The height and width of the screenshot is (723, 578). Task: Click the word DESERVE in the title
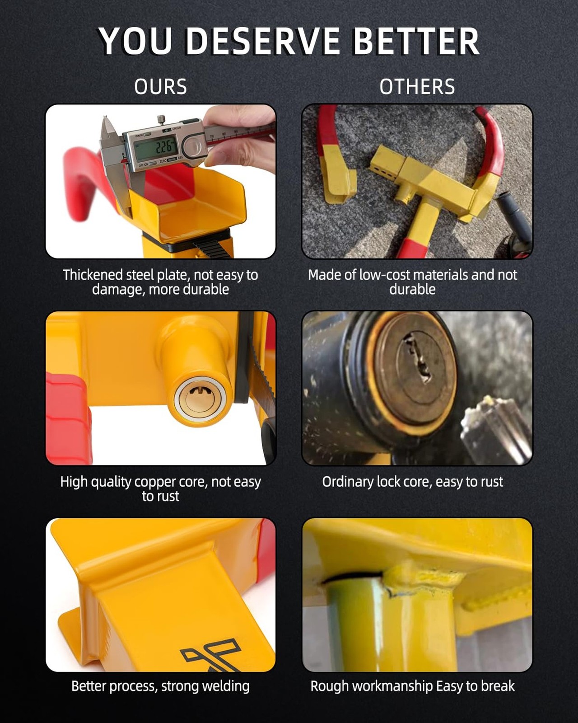(x=263, y=41)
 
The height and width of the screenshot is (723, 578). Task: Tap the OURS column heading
(x=161, y=87)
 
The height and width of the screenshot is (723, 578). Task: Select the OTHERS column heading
(x=417, y=87)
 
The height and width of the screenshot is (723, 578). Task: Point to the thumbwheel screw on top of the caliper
(x=162, y=120)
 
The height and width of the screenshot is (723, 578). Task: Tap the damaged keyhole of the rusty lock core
(x=418, y=357)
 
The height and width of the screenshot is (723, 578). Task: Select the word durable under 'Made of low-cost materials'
(x=412, y=289)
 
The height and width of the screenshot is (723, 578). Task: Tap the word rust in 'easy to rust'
(x=492, y=482)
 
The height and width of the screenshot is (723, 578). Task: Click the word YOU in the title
(x=135, y=41)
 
